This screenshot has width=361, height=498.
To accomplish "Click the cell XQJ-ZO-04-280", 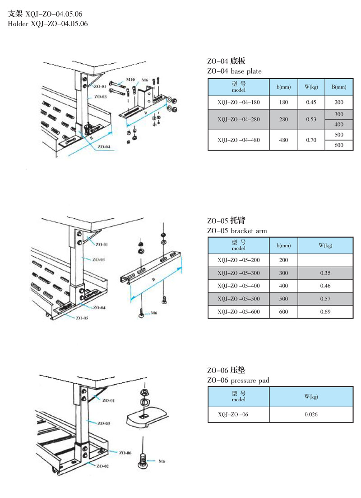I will [239, 119].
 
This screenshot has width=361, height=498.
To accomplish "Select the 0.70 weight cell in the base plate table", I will [310, 140].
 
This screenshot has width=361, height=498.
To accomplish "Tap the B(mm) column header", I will [339, 87].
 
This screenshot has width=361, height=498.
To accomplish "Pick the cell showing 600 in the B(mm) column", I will [339, 145].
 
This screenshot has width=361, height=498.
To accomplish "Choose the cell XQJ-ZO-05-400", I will [239, 286].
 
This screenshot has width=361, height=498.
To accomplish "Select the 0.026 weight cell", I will [311, 414].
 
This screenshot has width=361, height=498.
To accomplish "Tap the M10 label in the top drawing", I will [130, 80].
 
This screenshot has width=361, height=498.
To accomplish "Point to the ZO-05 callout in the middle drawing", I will [82, 318].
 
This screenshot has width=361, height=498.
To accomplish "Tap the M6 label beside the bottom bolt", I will [161, 461].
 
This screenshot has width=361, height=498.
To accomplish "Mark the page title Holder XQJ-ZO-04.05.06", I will [48, 23].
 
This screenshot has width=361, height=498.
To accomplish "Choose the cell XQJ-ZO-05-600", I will [239, 312].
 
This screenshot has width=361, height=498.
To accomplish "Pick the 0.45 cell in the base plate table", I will [310, 102].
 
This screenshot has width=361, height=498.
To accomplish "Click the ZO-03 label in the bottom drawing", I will [104, 423].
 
